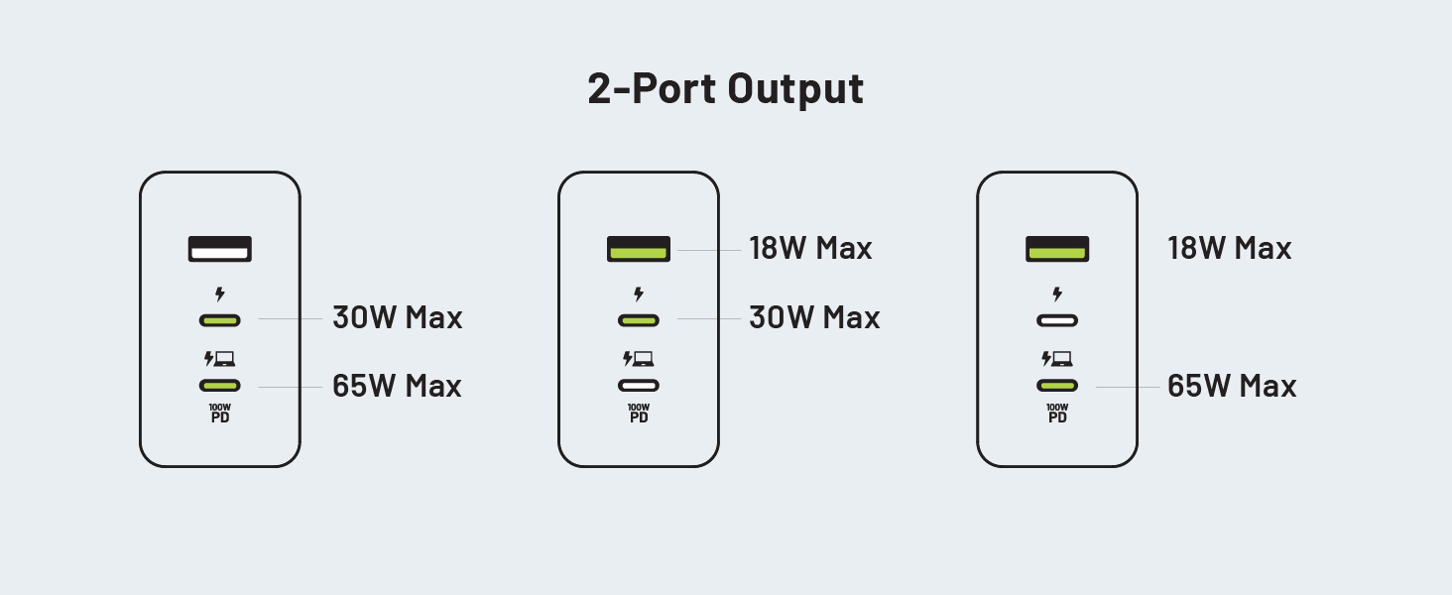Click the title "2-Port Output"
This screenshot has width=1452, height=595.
pyautogui.click(x=725, y=88)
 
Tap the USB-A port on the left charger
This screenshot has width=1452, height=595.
pyautogui.click(x=220, y=248)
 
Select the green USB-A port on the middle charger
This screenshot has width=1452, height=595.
pyautogui.click(x=639, y=248)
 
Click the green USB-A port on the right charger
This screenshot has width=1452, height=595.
pyautogui.click(x=1057, y=248)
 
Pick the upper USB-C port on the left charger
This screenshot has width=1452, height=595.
pyautogui.click(x=220, y=320)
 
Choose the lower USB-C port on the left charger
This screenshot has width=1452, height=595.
pyautogui.click(x=220, y=386)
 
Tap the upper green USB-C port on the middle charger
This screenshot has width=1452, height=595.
pyautogui.click(x=639, y=320)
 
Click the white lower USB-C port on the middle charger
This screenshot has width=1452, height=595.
pyautogui.click(x=639, y=386)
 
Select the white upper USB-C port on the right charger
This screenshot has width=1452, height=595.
pyautogui.click(x=1057, y=320)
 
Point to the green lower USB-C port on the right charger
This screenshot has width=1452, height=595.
pyautogui.click(x=1057, y=386)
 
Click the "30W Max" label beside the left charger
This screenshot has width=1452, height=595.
pyautogui.click(x=397, y=318)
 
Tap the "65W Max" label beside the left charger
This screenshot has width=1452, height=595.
pyautogui.click(x=397, y=386)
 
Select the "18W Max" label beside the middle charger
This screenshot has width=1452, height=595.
pyautogui.click(x=810, y=248)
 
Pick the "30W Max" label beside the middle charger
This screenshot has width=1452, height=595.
pyautogui.click(x=814, y=318)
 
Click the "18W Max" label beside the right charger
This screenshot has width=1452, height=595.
pyautogui.click(x=1229, y=248)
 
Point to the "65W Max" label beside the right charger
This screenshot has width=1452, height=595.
pyautogui.click(x=1232, y=386)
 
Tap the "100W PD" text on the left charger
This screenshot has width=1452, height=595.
pyautogui.click(x=220, y=413)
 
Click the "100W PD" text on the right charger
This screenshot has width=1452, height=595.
pyautogui.click(x=1057, y=413)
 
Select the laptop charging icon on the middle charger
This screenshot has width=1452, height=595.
pyautogui.click(x=638, y=359)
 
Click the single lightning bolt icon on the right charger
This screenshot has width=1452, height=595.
pyautogui.click(x=1057, y=294)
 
